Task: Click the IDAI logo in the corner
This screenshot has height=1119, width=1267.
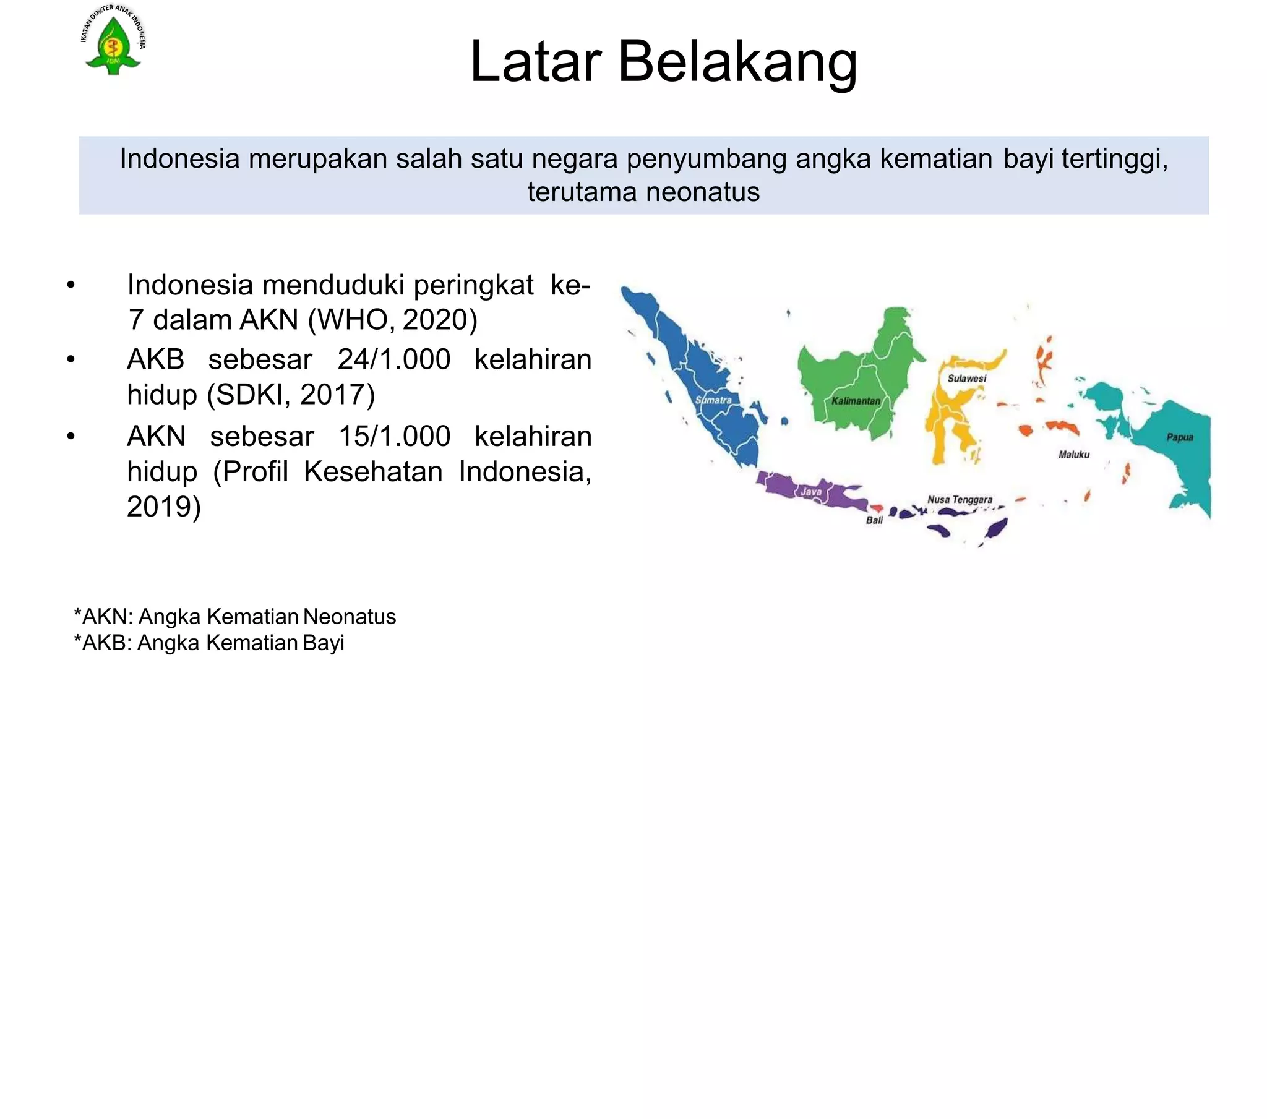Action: [x=113, y=41]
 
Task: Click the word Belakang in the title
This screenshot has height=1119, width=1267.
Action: [x=737, y=62]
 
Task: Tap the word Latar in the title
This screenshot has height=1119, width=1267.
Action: [x=536, y=62]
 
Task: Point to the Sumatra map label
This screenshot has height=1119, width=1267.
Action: [x=713, y=400]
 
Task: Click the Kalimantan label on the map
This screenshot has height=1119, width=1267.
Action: [x=856, y=401]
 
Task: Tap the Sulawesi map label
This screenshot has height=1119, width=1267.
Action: [x=966, y=378]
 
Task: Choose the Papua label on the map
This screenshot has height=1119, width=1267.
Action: [x=1180, y=437]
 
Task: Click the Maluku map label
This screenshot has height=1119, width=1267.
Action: [x=1073, y=455]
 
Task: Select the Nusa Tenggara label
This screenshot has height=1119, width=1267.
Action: [x=960, y=499]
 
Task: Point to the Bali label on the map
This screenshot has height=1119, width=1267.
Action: [x=874, y=520]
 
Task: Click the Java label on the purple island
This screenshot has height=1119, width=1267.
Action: [x=812, y=492]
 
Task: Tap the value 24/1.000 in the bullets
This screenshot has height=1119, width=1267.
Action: [x=393, y=359]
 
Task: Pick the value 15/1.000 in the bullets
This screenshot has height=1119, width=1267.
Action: [x=394, y=437]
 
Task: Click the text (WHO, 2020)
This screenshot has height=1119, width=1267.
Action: [x=392, y=320]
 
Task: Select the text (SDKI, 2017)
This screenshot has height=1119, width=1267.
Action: [x=291, y=394]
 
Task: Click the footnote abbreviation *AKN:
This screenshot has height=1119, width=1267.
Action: [x=103, y=617]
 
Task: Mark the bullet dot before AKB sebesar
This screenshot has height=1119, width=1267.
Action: [x=71, y=359]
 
